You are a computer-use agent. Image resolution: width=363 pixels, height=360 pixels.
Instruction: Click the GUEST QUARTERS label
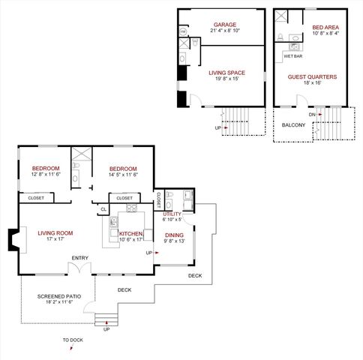coord(312,76)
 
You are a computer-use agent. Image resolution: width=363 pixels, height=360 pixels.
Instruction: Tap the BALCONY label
coord(293,125)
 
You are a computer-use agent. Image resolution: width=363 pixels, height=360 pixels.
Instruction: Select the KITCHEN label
coord(130,233)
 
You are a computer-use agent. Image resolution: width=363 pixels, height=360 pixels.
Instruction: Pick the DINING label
coord(173,234)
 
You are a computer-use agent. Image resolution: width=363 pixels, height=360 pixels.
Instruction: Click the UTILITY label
coord(172,214)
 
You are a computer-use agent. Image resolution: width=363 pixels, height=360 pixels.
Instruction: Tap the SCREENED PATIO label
coord(55,295)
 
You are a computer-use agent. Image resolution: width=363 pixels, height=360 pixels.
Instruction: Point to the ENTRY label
coord(79,258)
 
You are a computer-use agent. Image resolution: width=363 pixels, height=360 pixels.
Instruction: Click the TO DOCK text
coord(73,340)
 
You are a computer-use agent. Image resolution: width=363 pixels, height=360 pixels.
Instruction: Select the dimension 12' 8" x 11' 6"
coord(46,174)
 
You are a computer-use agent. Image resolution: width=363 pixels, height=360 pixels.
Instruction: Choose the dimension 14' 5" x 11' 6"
coord(121,174)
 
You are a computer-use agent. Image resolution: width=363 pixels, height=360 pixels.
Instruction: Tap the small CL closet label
coord(103,209)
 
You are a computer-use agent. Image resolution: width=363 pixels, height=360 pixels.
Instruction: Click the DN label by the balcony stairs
coord(310,115)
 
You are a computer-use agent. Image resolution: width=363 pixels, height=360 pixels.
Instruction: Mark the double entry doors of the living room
coord(80,268)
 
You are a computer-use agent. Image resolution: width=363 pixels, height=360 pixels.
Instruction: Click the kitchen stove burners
coord(131,208)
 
